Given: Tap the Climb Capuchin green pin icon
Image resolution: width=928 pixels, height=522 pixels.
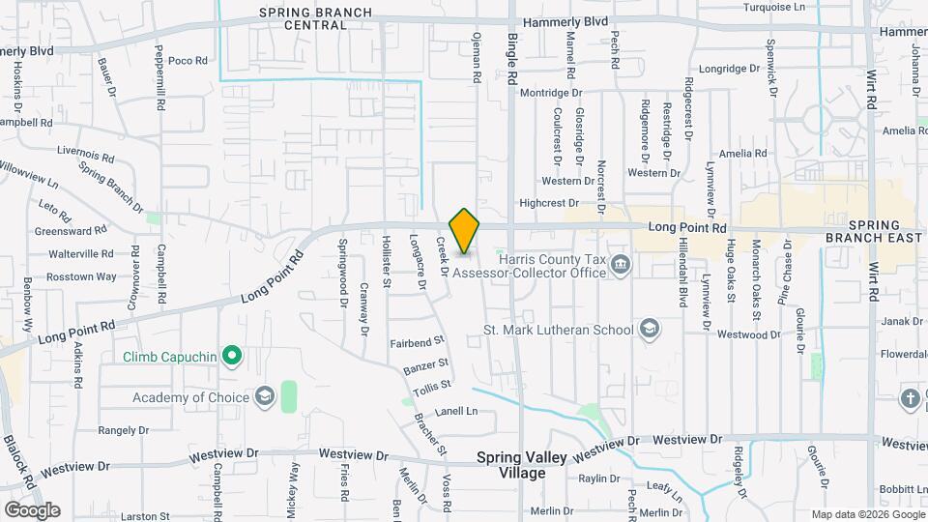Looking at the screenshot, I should coord(231,358).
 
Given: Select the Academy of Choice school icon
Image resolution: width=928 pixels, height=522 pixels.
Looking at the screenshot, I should coord(265,396).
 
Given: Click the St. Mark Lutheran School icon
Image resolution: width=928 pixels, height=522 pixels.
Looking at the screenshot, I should coord(649,330).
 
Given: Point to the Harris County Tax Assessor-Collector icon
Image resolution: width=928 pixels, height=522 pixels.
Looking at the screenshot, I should coord(620,263).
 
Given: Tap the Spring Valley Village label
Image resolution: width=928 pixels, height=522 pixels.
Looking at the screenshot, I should coord(511,465).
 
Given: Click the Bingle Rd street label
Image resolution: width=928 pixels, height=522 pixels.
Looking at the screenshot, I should coord(513,58).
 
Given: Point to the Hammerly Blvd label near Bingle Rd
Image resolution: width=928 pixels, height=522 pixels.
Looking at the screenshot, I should coord(565,22).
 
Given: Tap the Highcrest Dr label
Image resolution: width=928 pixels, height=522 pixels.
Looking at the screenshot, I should coord(548,203).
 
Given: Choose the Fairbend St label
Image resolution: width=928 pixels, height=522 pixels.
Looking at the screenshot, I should coord(416,341).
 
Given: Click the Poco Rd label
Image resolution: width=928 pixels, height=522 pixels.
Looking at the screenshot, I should coord(188,61).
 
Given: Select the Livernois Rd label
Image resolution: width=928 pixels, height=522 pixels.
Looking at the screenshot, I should coord(86,153).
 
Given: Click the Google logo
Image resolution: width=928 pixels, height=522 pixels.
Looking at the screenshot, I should coord(32,509).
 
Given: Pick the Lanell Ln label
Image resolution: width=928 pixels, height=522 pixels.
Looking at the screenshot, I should coord(456,411).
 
